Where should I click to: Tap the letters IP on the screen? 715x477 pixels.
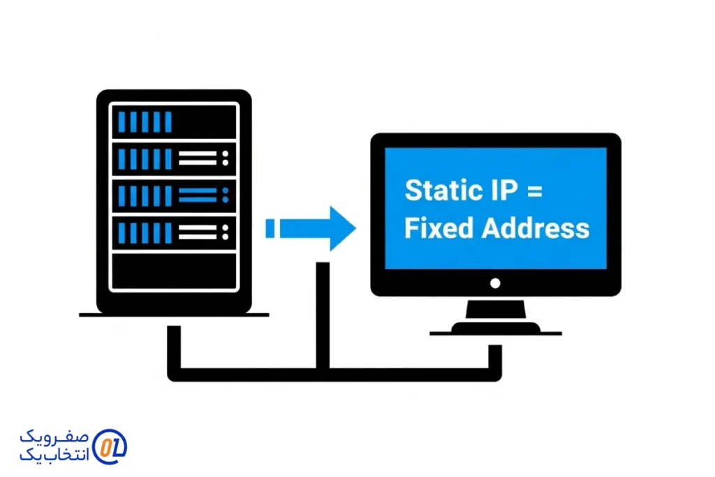click(499, 191)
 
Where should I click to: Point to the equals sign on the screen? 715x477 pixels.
click(533, 191)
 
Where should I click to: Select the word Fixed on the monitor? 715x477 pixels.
click(435, 228)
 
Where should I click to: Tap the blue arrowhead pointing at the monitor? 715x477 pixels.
click(341, 228)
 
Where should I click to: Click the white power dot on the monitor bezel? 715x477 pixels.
click(495, 283)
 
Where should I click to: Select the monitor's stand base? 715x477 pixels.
click(495, 326)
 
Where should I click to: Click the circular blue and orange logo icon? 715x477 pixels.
click(110, 446)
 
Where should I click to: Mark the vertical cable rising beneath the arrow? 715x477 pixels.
click(322, 314)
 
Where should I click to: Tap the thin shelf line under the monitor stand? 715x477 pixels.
click(495, 334)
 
